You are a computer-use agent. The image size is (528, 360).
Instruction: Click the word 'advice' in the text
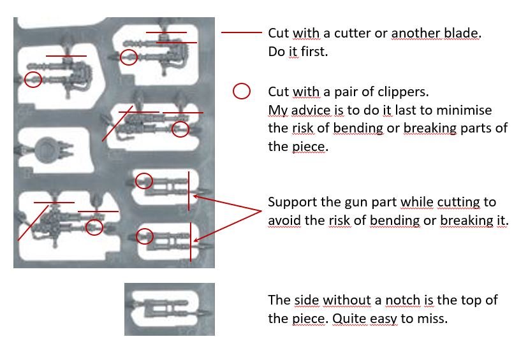coord(309,110)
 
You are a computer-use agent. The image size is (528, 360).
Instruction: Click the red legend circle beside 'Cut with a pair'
coord(242,91)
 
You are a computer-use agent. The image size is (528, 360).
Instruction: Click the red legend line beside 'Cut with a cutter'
coord(242,32)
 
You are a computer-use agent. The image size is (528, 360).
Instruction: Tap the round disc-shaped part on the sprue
coord(46,148)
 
